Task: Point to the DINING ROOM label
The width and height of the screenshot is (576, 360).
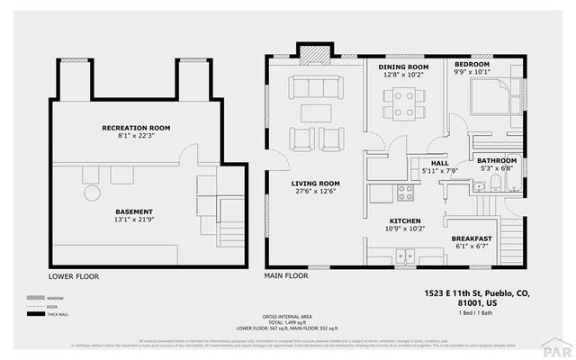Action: click(402, 67)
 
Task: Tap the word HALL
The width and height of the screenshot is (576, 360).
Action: click(439, 163)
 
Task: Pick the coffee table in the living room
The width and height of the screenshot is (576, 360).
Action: click(315, 112)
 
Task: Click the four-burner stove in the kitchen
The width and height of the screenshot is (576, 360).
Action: click(406, 193)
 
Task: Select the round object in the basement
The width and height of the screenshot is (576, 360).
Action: click(91, 193)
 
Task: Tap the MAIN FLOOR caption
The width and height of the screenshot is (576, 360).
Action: click(286, 275)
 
